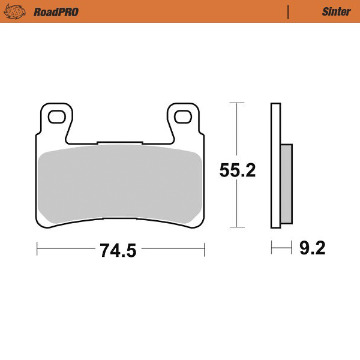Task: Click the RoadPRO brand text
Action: (56, 11)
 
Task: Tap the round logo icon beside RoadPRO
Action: (19, 11)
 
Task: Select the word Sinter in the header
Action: (334, 11)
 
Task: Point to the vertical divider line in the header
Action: (289, 11)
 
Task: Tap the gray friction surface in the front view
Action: (120, 183)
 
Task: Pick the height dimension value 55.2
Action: (238, 171)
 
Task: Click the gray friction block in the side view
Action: (287, 183)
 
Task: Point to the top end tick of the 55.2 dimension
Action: (238, 103)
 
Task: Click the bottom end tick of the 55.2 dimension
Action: (238, 228)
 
